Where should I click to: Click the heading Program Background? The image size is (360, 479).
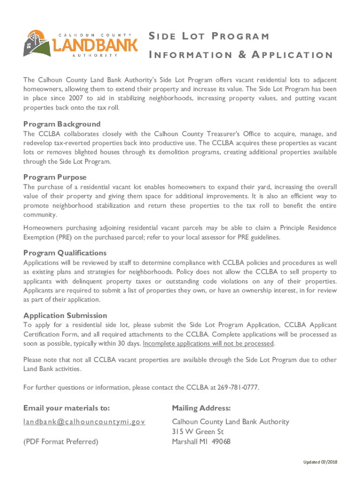pyautogui.click(x=62, y=124)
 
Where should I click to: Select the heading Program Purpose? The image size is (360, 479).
pyautogui.click(x=55, y=177)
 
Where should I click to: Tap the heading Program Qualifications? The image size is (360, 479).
pyautogui.click(x=65, y=253)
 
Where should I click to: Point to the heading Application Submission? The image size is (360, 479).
pyautogui.click(x=65, y=315)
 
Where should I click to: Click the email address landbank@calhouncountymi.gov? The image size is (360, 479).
pyautogui.click(x=84, y=422)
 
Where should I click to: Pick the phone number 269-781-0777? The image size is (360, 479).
pyautogui.click(x=238, y=388)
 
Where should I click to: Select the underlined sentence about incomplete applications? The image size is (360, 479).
pyautogui.click(x=209, y=343)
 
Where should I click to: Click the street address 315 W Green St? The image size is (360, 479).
pyautogui.click(x=198, y=432)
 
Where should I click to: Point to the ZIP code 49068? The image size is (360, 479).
pyautogui.click(x=220, y=442)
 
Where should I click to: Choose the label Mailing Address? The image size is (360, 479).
pyautogui.click(x=201, y=408)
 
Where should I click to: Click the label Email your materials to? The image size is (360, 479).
pyautogui.click(x=66, y=408)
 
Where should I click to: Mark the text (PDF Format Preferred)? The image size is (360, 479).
pyautogui.click(x=61, y=442)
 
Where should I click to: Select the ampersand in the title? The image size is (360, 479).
pyautogui.click(x=243, y=55)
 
